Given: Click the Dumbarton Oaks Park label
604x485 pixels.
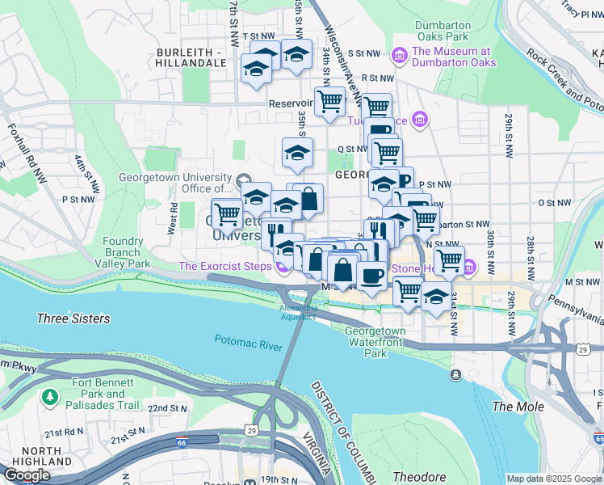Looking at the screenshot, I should tap(442, 31).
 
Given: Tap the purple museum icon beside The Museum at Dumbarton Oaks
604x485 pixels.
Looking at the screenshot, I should tap(398, 55).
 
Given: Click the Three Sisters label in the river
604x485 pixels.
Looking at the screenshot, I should tap(73, 318).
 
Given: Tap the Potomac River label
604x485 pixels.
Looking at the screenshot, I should tap(248, 342).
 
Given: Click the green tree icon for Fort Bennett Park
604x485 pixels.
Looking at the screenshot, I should tap(50, 397).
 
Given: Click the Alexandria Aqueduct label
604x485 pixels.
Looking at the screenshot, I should tap(299, 313).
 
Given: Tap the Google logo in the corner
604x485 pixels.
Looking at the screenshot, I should tap(27, 474).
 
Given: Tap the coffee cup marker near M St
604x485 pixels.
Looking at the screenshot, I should tap(371, 276).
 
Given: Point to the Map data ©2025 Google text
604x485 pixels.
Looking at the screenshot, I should tap(553, 479).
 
